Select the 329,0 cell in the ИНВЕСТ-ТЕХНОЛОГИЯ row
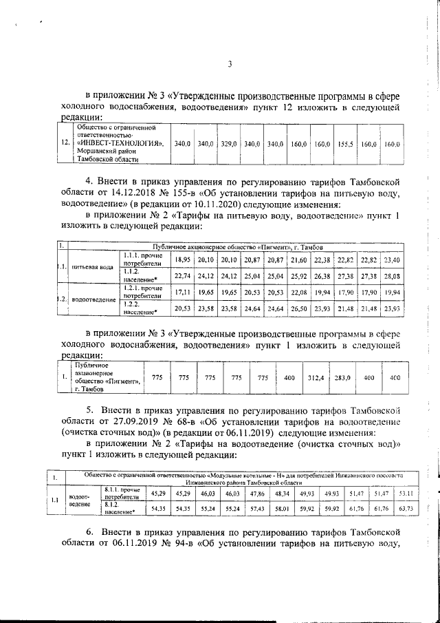(229, 145)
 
